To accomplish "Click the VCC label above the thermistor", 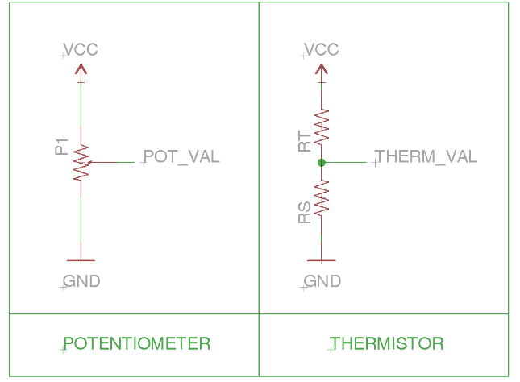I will [x=322, y=50].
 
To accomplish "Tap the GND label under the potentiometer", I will [x=81, y=281].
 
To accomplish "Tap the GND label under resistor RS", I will [x=322, y=281].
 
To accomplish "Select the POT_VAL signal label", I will [x=181, y=156].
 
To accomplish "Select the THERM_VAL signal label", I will [x=426, y=156].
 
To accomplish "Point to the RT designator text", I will [x=304, y=142].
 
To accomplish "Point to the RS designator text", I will [x=304, y=213].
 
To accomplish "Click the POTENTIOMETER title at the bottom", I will [x=137, y=343].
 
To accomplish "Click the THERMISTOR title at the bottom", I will [x=387, y=343].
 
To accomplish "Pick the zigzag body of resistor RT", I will [x=322, y=125].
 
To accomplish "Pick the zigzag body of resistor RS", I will [x=322, y=197].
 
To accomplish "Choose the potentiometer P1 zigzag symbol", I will [x=80, y=163].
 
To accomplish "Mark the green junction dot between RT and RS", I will [x=322, y=163].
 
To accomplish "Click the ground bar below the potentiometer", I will [x=80, y=260].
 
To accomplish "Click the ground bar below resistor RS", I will [x=322, y=260].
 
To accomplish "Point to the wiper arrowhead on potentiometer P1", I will [x=89, y=163].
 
